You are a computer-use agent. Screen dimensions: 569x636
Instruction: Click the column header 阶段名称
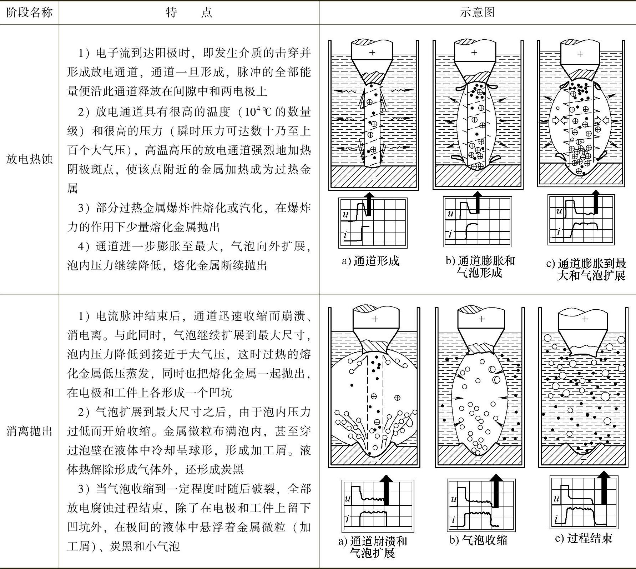29,13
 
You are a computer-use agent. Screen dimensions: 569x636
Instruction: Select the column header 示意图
477,13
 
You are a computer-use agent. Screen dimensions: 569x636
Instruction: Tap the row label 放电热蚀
29,159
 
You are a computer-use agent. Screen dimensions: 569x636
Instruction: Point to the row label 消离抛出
29,431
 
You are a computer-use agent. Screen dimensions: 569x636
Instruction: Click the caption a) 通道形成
371,261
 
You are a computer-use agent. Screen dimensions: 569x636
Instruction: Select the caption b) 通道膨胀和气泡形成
480,266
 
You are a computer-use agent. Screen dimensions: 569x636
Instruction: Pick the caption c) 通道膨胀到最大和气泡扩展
586,270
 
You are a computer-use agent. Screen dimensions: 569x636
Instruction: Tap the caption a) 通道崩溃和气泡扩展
373,547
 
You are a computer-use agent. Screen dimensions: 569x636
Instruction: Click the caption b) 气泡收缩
478,540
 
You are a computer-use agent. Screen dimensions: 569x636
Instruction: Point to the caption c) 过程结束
584,538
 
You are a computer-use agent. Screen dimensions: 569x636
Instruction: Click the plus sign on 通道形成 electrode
372,53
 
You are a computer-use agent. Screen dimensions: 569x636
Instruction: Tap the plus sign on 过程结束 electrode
585,319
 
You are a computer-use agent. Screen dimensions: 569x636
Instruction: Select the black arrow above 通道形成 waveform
369,204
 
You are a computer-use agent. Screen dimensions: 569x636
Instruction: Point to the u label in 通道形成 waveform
345,214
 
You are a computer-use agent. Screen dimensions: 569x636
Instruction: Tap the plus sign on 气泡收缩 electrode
481,319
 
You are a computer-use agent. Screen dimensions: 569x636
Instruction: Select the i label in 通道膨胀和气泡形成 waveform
450,234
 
